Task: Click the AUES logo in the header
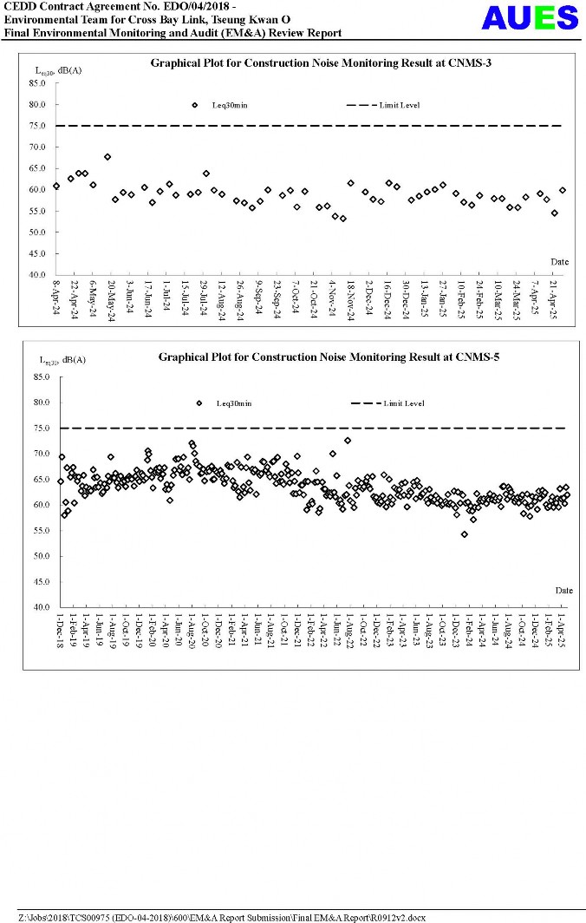pyautogui.click(x=530, y=17)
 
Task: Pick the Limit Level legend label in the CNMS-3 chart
pyautogui.click(x=399, y=105)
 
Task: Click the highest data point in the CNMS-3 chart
pyautogui.click(x=107, y=157)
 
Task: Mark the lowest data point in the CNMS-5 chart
pyautogui.click(x=465, y=534)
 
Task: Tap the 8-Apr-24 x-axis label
pyautogui.click(x=56, y=298)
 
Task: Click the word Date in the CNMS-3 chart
pyautogui.click(x=560, y=261)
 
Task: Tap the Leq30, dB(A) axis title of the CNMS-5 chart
pyautogui.click(x=63, y=359)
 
